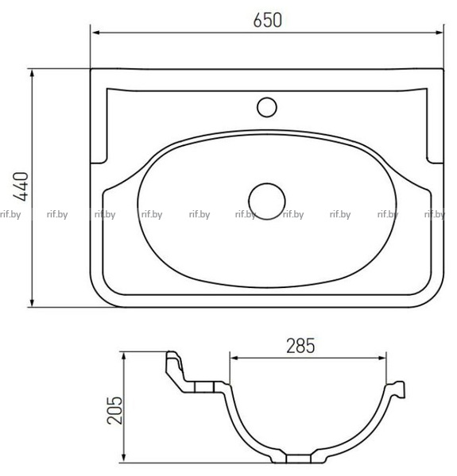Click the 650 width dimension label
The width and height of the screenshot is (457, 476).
click(x=268, y=20)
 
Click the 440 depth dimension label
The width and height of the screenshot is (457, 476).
click(x=21, y=186)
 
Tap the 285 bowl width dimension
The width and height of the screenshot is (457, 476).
click(x=300, y=346)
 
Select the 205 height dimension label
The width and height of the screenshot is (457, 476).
click(x=114, y=410)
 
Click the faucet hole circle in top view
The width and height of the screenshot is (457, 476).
click(x=267, y=107)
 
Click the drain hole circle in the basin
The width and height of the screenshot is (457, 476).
click(x=267, y=202)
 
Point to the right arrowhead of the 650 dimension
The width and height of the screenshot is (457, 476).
click(x=439, y=33)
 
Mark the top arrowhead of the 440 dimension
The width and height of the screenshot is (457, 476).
click(x=33, y=74)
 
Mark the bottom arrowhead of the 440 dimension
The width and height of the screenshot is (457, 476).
click(x=33, y=302)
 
